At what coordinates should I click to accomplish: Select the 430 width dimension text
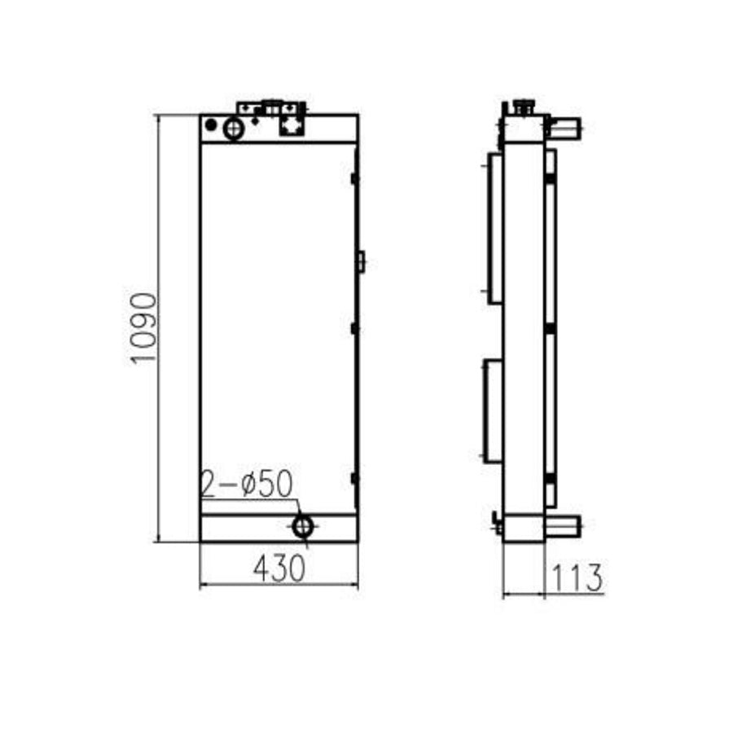[279, 568]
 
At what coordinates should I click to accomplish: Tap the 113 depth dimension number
[577, 578]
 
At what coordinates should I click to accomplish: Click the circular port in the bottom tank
[303, 526]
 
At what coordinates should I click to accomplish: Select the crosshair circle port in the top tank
[234, 128]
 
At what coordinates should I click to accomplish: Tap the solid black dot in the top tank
[211, 125]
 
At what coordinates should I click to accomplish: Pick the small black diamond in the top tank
[256, 121]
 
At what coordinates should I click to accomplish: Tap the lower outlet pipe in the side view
[563, 525]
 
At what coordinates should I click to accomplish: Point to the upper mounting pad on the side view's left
[494, 227]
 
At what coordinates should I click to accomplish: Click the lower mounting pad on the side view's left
[493, 410]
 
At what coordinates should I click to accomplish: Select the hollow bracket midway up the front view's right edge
[361, 261]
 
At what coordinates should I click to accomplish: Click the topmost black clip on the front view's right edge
[354, 178]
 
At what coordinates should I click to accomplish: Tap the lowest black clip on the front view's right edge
[354, 478]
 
